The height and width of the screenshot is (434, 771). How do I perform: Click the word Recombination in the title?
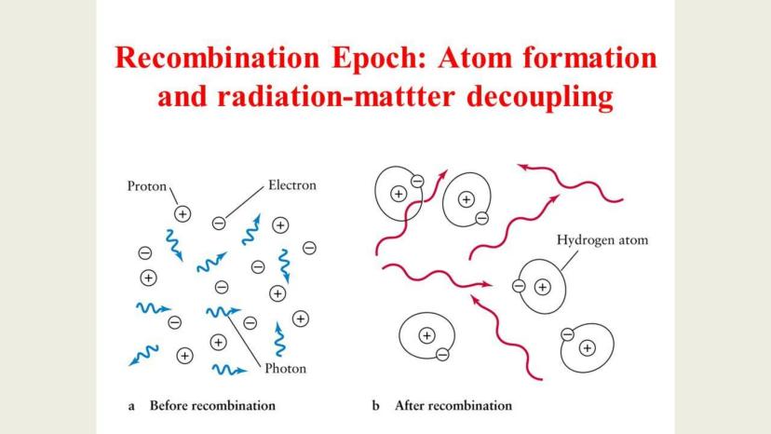(217, 58)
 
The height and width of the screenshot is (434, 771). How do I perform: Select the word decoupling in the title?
(539, 97)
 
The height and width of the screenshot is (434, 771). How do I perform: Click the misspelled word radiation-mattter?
(336, 96)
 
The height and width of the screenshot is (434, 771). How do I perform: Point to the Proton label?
(146, 186)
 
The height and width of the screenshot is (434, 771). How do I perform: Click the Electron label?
(292, 185)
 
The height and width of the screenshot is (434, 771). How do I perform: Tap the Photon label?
(285, 369)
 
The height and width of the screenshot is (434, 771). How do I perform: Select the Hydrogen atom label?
(602, 240)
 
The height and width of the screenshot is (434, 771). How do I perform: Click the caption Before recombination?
(212, 405)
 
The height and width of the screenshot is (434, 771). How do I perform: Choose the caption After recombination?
(453, 405)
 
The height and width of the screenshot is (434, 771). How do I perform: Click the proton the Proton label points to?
(183, 214)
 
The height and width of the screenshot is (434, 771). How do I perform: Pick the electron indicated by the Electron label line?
(219, 224)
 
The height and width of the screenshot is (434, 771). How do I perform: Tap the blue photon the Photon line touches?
(223, 311)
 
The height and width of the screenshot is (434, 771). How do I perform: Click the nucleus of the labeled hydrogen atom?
(542, 287)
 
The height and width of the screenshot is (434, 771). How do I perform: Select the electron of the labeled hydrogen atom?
(519, 286)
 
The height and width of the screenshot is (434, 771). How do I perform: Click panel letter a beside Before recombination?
(131, 406)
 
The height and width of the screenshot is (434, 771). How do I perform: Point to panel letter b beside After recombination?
(376, 405)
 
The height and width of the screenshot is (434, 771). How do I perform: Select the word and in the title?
(182, 96)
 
